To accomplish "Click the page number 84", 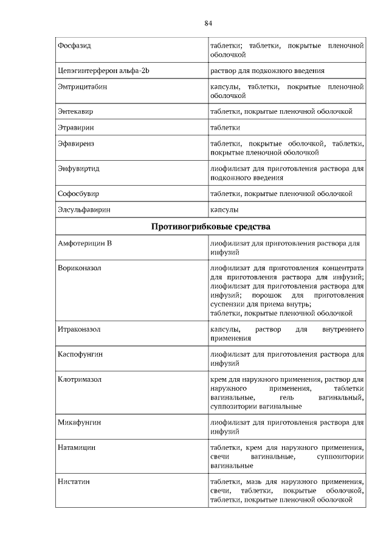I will point(208,23).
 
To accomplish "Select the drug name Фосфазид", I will point(74,46).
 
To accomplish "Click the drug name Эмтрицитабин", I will point(82,87).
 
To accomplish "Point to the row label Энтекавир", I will point(75,112).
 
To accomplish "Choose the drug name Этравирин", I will point(75,128).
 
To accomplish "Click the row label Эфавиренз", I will point(76,144).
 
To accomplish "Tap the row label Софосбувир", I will point(78,194).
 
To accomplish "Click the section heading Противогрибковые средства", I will point(210,227).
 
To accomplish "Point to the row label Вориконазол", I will point(79,268).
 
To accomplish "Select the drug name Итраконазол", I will point(79,329).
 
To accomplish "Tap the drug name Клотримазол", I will point(80,379).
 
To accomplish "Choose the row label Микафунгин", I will point(79,421).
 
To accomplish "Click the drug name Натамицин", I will point(77,447).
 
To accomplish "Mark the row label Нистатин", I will point(74,482).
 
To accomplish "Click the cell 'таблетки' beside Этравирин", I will point(225,128).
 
